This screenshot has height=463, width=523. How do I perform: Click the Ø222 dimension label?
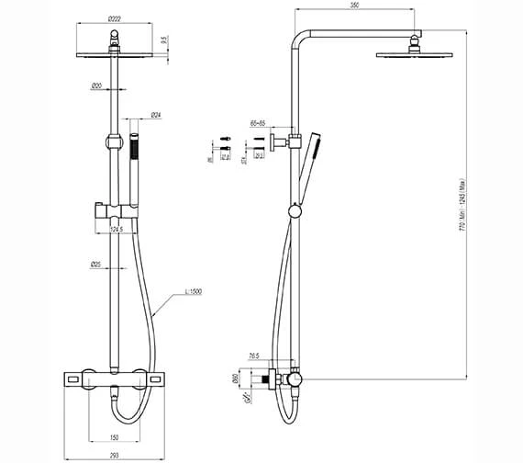[x=114, y=18]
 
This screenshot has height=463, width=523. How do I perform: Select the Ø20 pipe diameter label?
[x=97, y=85]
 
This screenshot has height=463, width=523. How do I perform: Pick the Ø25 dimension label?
[x=96, y=265]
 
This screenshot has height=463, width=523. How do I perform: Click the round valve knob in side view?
[x=294, y=378]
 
